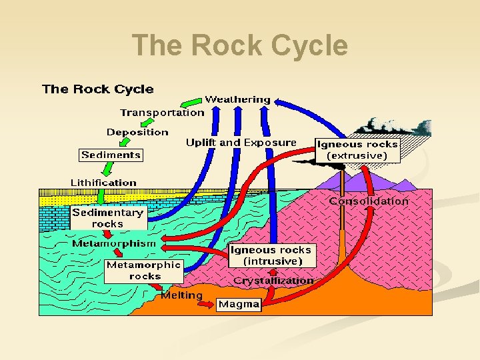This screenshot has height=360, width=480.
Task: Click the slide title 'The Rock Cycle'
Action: [240, 46]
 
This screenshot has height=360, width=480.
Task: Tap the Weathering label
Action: [237, 99]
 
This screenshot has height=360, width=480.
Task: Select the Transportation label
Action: [162, 113]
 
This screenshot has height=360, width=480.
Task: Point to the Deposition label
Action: [137, 132]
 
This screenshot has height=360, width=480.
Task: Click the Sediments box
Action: [111, 155]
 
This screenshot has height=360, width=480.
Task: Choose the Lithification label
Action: [103, 182]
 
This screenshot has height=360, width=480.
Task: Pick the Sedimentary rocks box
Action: [107, 218]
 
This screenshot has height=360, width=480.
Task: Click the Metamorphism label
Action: [114, 243]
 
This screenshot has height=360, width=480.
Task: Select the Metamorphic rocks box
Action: [144, 270]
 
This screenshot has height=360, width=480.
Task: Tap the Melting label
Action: [181, 295]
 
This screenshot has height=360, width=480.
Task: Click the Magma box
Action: [239, 304]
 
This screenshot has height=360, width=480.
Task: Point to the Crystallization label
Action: [273, 281]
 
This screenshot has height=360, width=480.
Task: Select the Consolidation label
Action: [369, 201]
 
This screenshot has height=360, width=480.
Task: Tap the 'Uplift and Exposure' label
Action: [241, 143]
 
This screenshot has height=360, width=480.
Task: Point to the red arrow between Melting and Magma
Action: [209, 303]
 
